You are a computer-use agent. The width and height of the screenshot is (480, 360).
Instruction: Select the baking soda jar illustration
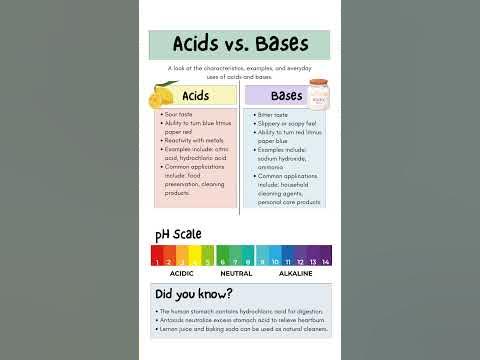pos(320,97)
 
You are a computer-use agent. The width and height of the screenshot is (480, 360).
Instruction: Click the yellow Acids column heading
pos(196,97)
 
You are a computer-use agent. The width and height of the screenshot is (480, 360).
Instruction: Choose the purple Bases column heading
pos(287,97)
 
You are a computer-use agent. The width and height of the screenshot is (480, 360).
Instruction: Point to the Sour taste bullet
pos(178,115)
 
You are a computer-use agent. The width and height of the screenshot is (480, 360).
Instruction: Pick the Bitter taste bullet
pos(274,115)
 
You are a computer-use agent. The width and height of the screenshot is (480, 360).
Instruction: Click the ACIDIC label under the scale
pos(182,273)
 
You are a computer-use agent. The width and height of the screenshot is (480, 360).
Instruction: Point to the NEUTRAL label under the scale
pos(236,273)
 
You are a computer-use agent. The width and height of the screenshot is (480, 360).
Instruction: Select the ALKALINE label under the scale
pos(295,273)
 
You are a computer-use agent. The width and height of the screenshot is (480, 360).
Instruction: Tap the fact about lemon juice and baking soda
pos(243,328)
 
